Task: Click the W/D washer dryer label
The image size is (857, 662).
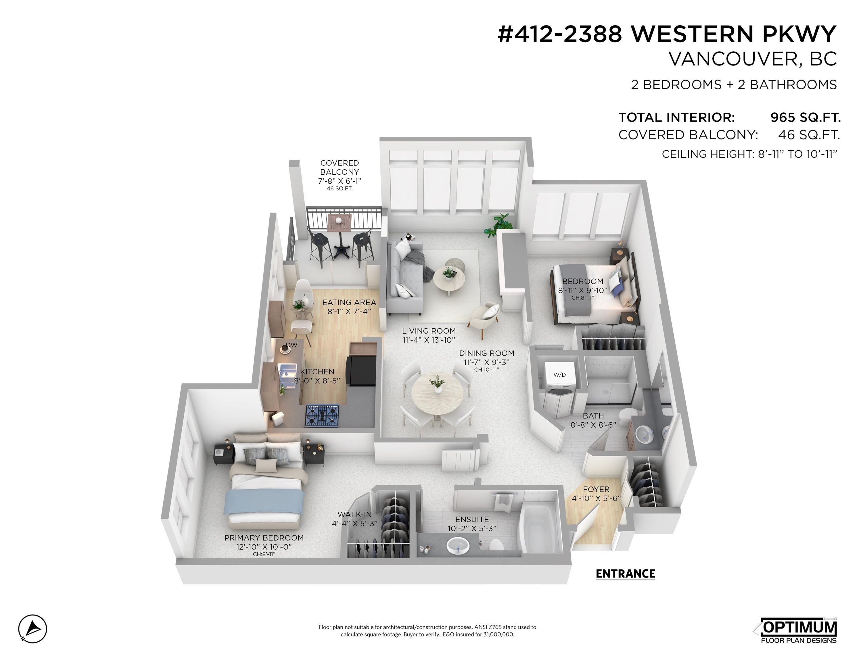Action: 559,375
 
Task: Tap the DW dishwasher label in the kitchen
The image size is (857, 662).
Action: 291,345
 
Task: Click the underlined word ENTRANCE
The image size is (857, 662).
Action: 625,574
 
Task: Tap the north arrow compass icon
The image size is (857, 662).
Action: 32,629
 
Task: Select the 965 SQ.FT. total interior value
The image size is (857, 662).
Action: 805,117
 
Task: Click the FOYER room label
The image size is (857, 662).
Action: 596,489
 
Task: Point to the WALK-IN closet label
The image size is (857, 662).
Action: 354,514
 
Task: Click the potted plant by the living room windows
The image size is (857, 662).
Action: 498,224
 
